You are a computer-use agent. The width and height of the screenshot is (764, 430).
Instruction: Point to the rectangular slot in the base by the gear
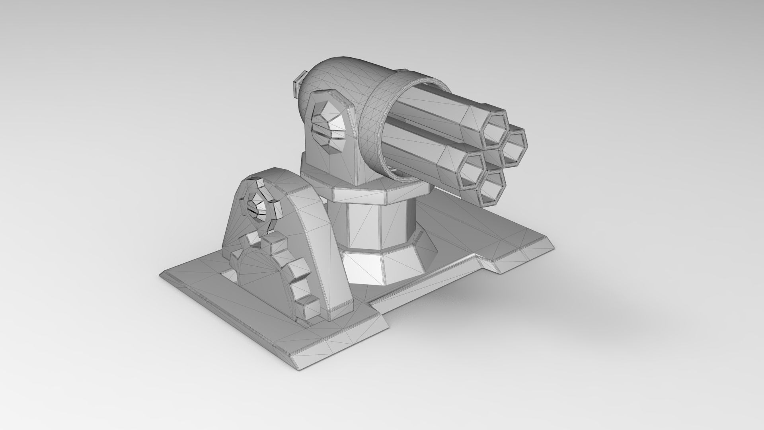(x=231, y=277)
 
